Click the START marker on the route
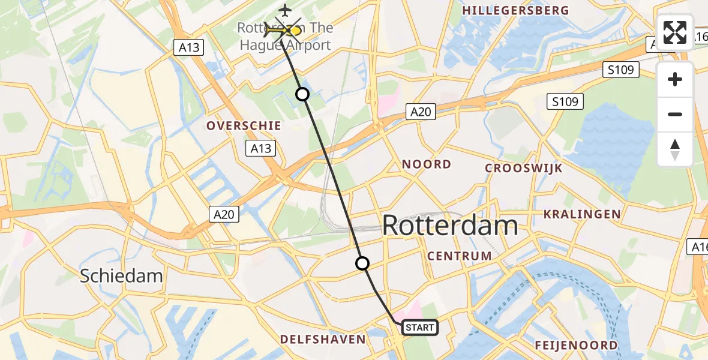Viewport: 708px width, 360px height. (419, 327)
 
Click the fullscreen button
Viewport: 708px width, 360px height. (675, 32)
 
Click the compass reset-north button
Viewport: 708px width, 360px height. (675, 149)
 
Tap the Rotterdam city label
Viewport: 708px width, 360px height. (450, 226)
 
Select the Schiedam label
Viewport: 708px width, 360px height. (122, 276)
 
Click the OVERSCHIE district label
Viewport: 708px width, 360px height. (244, 125)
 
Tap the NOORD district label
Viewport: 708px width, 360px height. (427, 164)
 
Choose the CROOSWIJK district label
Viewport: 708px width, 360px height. (524, 169)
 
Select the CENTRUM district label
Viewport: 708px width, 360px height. (460, 256)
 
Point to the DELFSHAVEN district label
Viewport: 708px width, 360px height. (323, 339)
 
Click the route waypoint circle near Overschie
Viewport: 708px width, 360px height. (302, 94)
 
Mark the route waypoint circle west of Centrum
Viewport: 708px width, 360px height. (362, 263)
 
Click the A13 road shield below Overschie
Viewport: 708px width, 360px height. (260, 148)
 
